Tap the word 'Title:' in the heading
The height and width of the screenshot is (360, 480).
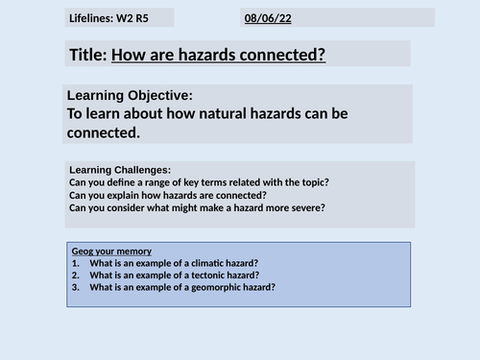(88, 55)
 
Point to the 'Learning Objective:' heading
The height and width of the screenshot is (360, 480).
(130, 95)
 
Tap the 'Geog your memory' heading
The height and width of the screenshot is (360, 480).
(112, 251)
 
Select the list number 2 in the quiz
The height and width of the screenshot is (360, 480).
(74, 275)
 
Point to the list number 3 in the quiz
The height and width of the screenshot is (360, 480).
(74, 287)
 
